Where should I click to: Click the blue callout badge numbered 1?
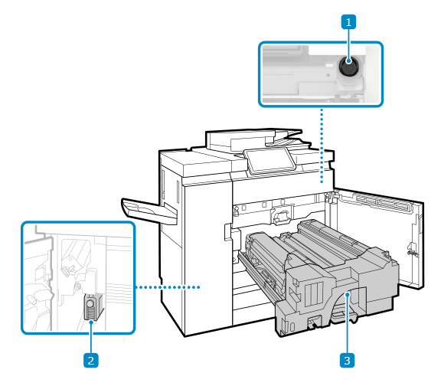(x=348, y=22)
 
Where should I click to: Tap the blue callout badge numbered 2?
(x=91, y=360)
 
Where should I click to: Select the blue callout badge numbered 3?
(x=347, y=360)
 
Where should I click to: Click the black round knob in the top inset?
(x=348, y=67)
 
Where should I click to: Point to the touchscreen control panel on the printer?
(x=269, y=161)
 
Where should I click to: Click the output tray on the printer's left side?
(x=149, y=211)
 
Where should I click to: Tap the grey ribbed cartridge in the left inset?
(x=93, y=307)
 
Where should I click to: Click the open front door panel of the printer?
(x=377, y=239)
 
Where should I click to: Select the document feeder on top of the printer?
(x=256, y=141)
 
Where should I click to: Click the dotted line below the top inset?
(x=322, y=146)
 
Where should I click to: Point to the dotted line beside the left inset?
(x=168, y=287)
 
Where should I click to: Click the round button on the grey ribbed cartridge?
(x=90, y=303)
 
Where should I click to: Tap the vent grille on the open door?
(x=383, y=202)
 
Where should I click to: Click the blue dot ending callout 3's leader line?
(x=348, y=295)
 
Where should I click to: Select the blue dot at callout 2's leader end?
(x=91, y=322)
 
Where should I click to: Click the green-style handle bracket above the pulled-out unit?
(x=280, y=217)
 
